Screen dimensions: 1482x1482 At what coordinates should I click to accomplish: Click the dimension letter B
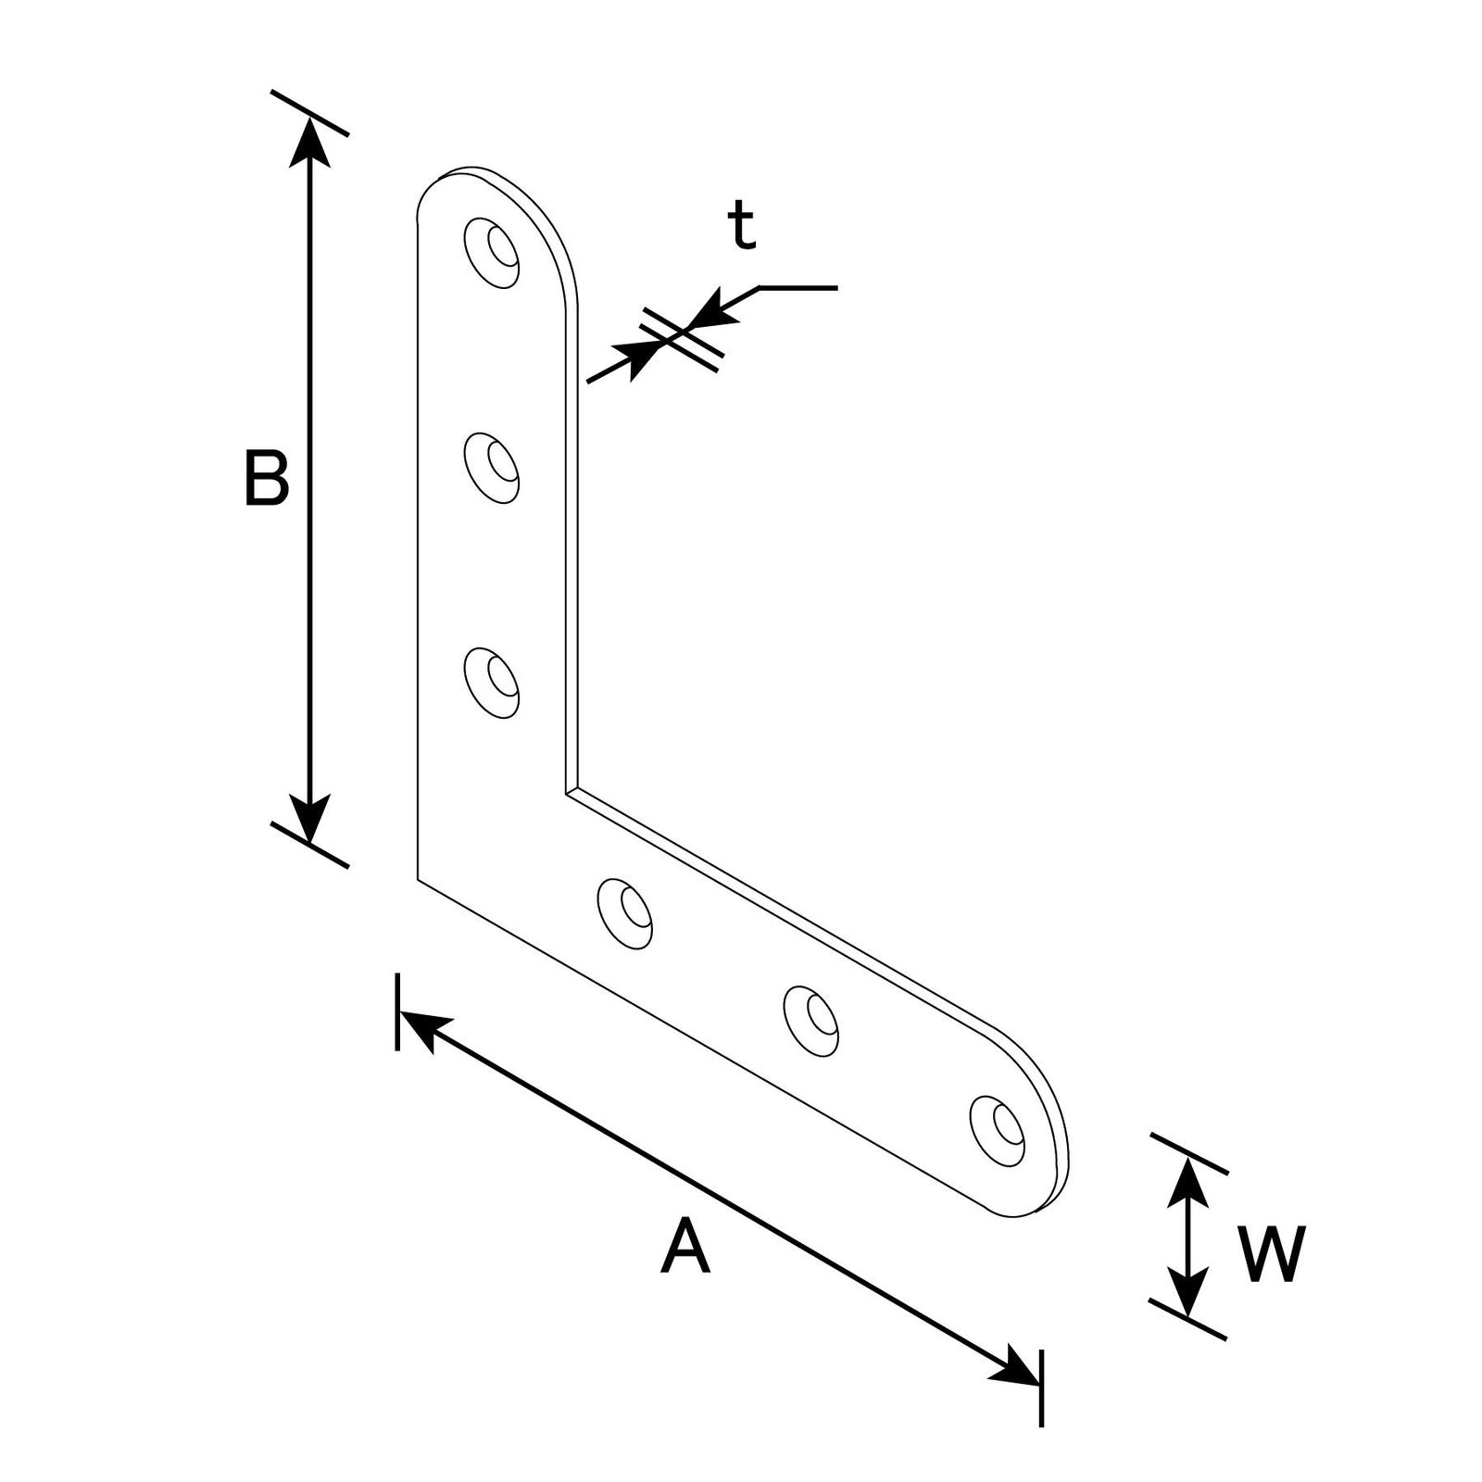267,478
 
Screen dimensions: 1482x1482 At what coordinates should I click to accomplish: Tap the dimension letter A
685,1246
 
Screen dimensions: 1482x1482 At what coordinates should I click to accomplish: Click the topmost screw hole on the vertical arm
492,252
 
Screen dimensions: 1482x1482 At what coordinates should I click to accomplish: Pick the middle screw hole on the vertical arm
492,468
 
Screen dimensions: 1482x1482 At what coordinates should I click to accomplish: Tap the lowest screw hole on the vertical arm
492,683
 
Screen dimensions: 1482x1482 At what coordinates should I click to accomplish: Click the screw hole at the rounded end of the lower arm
998,1130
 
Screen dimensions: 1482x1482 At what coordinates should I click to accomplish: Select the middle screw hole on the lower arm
811,1022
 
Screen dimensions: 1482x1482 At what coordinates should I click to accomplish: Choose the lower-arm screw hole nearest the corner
624,913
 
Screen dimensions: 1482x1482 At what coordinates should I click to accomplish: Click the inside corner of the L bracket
565,793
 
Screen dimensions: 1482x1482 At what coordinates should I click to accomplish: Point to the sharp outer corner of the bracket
418,878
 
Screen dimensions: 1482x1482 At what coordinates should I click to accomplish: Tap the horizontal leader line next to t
798,288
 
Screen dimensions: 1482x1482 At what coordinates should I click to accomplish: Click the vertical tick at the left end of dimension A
397,1011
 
